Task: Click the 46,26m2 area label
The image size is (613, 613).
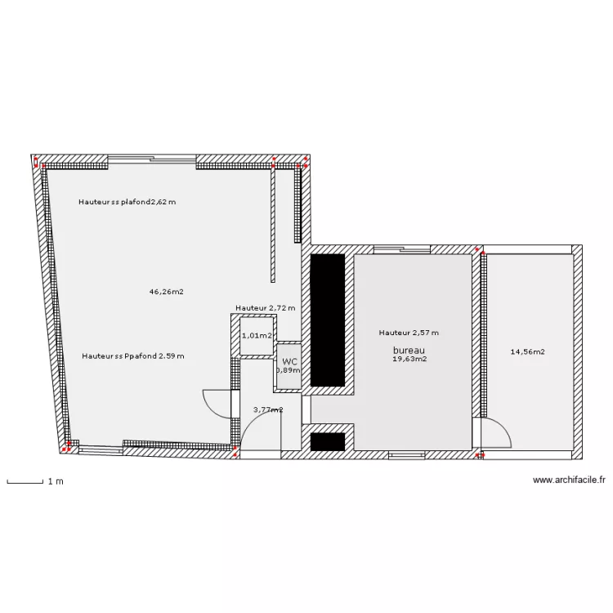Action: click(166, 292)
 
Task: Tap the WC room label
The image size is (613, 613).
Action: click(289, 361)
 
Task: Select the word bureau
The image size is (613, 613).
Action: click(409, 351)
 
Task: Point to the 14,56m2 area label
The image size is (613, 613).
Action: click(527, 351)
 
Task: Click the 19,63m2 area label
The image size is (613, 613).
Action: click(409, 359)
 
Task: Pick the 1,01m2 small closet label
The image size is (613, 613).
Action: click(257, 336)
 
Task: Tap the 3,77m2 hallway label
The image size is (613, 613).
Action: click(268, 409)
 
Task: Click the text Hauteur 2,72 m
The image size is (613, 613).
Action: click(265, 308)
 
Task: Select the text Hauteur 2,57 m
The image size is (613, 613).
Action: click(409, 333)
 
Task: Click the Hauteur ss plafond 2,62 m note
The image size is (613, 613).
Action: click(127, 202)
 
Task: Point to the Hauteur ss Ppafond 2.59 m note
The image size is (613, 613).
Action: click(133, 356)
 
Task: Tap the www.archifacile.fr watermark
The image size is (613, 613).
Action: click(569, 480)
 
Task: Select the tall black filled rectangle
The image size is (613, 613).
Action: click(328, 320)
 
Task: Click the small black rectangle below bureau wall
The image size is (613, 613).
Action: click(328, 441)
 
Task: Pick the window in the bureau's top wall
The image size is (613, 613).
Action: click(402, 249)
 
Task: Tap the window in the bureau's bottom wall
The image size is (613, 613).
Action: click(406, 454)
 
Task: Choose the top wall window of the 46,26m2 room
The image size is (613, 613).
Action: click(152, 159)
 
